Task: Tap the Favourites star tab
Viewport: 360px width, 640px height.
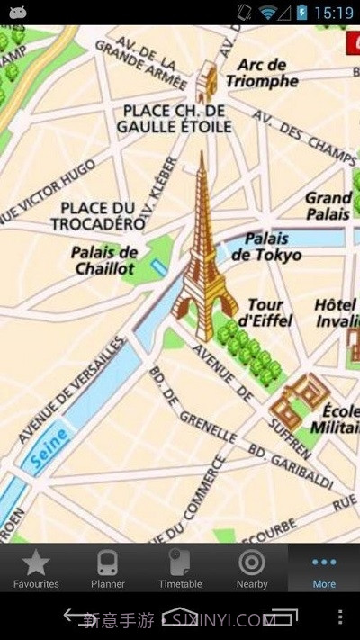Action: click(36, 568)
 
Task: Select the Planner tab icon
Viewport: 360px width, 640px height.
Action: click(108, 568)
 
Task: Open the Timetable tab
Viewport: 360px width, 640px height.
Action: click(180, 568)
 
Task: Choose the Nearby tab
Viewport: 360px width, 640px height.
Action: click(252, 568)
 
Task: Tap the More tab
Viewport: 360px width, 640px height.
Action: click(324, 568)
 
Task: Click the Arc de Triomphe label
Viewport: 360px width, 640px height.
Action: click(262, 73)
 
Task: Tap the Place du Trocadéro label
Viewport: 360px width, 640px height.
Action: click(98, 215)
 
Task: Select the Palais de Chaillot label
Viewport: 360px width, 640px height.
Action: click(105, 260)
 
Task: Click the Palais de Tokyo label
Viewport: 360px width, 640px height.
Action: click(266, 247)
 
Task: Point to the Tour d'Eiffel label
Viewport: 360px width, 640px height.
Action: click(268, 311)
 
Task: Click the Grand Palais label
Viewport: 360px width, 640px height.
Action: click(328, 206)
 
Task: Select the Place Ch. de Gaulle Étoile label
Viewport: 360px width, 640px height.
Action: click(174, 118)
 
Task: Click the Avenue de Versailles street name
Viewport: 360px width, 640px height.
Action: click(70, 391)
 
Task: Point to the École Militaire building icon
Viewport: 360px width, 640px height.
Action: click(299, 397)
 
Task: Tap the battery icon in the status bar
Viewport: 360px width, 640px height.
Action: click(301, 12)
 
